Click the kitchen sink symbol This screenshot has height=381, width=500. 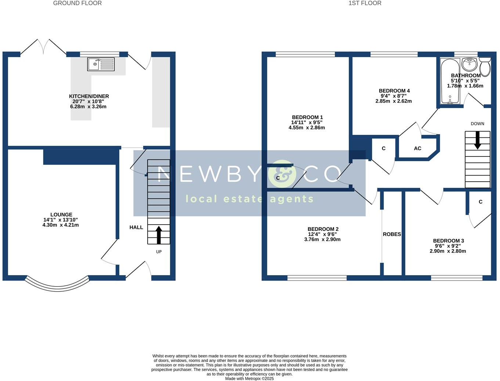tap(101, 64)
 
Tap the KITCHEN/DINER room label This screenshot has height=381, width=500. tap(89, 96)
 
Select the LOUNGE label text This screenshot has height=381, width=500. tap(61, 215)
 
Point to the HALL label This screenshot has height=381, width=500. tap(136, 227)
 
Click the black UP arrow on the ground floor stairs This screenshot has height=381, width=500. tap(159, 235)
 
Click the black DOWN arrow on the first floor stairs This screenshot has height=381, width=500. tap(477, 140)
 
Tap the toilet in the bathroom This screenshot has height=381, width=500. tap(485, 66)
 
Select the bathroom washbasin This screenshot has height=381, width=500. tap(469, 64)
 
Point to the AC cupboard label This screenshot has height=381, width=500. tap(417, 148)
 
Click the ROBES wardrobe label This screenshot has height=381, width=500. tap(392, 234)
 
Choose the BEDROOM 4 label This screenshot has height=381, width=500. tap(394, 91)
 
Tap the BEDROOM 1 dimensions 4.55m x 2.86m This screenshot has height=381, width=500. tap(307, 128)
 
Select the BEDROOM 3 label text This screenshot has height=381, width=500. tap(448, 241)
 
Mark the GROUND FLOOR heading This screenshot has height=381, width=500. tap(77, 3)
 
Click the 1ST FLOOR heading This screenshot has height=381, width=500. tap(365, 3)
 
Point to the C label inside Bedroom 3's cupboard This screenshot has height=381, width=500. tap(480, 202)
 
